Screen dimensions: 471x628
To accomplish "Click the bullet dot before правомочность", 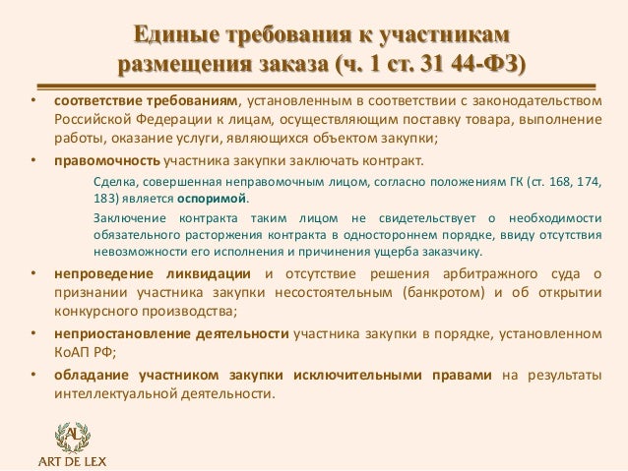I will click(31, 161).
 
